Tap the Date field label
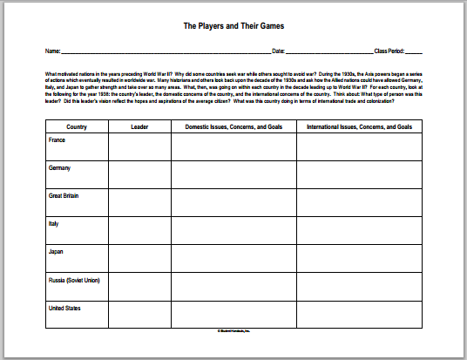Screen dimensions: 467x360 click(x=278, y=52)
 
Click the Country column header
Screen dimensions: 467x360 click(x=76, y=127)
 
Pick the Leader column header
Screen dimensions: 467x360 click(x=139, y=127)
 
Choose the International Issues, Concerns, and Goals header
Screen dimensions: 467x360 click(x=354, y=127)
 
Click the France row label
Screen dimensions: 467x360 click(x=58, y=139)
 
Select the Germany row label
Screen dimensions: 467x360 click(x=61, y=167)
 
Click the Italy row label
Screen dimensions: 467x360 click(x=55, y=223)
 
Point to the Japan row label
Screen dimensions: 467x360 click(x=57, y=251)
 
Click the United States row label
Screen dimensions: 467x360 click(x=64, y=308)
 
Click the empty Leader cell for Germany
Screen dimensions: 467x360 click(x=139, y=176)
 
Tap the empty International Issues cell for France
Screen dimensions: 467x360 click(x=354, y=148)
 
